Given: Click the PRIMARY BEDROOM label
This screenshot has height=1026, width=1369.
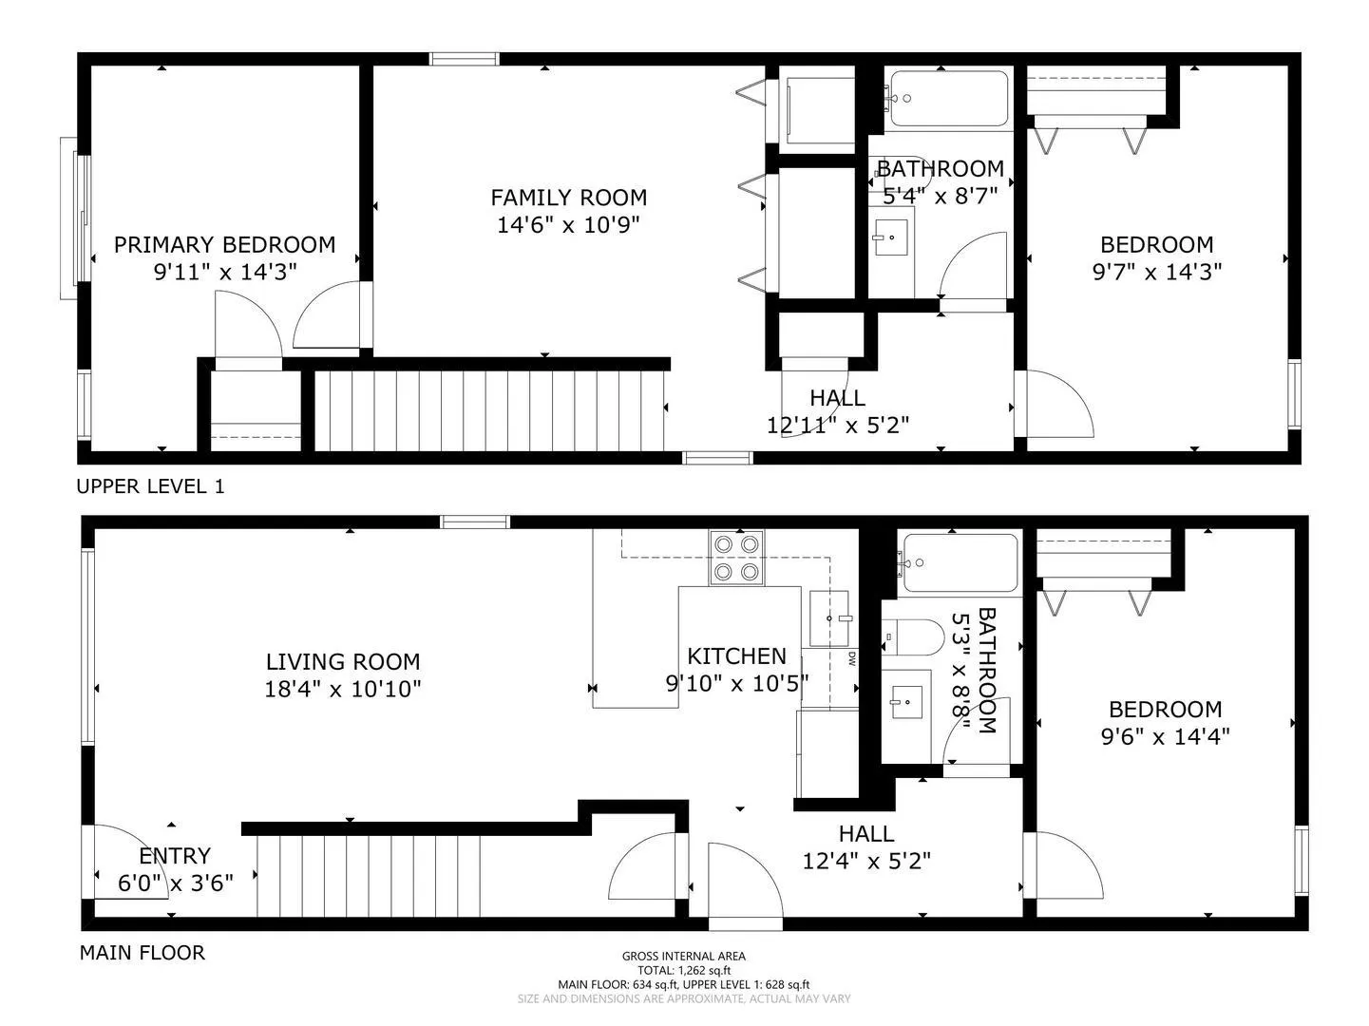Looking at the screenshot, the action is [224, 244].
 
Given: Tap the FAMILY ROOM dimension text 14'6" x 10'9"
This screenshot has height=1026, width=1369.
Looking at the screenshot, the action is [568, 224].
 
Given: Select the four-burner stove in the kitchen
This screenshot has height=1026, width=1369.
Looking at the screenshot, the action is [736, 558].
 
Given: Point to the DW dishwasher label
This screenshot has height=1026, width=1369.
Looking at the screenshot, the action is [851, 658].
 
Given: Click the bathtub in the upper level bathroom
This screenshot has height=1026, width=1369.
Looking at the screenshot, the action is [949, 99].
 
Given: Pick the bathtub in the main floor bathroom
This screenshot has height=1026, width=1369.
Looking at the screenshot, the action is [960, 562].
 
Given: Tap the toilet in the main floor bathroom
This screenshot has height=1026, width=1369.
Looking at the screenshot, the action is [913, 636].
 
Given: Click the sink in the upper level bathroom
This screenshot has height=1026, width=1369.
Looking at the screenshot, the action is [890, 237].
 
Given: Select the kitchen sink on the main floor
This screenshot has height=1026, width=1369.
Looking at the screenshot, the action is [829, 618].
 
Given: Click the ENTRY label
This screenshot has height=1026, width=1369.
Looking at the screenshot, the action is [175, 856].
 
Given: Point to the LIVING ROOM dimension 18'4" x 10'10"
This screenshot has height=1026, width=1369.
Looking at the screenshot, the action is [343, 689].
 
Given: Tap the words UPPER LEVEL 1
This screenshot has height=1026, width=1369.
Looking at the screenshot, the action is [150, 485].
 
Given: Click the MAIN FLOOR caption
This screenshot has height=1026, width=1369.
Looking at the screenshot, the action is [143, 953].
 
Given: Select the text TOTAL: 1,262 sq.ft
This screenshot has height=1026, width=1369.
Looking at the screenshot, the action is [684, 970].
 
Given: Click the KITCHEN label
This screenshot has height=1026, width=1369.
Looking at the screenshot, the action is [736, 656].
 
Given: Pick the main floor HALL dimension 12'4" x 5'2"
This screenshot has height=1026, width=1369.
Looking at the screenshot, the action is [866, 862].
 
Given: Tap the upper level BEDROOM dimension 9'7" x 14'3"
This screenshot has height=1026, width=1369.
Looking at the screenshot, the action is [1157, 272].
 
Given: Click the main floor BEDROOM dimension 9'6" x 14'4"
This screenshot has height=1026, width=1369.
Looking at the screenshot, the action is [1165, 736].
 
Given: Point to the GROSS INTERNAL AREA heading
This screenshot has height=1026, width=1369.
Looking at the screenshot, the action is [684, 956].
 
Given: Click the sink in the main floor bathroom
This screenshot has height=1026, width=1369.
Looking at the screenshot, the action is [907, 702].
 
